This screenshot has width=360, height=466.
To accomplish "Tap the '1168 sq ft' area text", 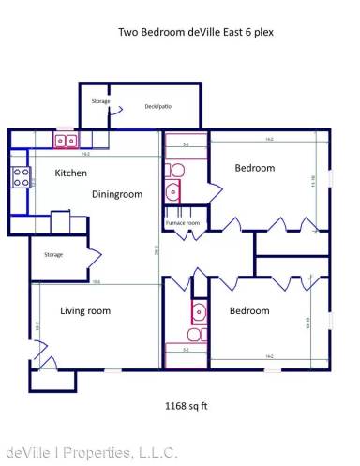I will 185,406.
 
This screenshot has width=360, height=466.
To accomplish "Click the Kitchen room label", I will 71,173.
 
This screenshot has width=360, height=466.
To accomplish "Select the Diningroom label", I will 117,195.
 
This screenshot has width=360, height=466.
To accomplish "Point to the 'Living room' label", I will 85,310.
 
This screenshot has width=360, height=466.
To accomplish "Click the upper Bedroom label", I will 254,168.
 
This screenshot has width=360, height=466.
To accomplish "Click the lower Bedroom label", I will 248,310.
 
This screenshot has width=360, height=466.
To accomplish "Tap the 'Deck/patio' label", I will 157,107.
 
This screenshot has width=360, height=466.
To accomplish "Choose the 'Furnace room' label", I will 182,223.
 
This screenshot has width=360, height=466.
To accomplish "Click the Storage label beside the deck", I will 100,100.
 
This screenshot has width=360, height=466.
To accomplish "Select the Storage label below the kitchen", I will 53,254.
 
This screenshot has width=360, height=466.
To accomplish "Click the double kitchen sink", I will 65,141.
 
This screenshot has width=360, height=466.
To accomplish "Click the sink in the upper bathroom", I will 172,193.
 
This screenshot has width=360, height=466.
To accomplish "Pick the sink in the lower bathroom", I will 198,311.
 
